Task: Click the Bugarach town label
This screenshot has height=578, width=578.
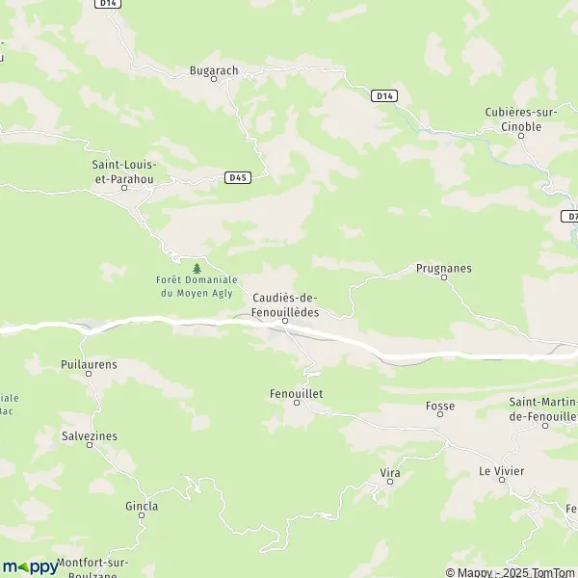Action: click(212, 69)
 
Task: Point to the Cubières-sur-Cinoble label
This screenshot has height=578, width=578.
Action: click(527, 119)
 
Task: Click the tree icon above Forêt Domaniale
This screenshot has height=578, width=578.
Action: click(197, 268)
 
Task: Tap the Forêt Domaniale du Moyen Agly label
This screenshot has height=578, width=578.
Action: click(197, 286)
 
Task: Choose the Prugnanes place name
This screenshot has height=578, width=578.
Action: click(444, 268)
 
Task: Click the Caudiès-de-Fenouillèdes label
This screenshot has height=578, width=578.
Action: click(285, 305)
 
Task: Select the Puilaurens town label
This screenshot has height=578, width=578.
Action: click(88, 365)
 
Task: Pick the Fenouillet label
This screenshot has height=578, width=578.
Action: click(296, 394)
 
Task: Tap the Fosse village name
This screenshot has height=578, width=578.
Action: click(440, 406)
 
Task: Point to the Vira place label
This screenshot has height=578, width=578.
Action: click(390, 473)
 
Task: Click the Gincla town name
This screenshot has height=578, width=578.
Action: click(142, 506)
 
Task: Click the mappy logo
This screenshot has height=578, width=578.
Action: click(30, 566)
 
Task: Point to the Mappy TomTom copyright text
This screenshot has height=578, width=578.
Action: click(515, 572)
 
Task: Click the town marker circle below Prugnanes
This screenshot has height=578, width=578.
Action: click(444, 278)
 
